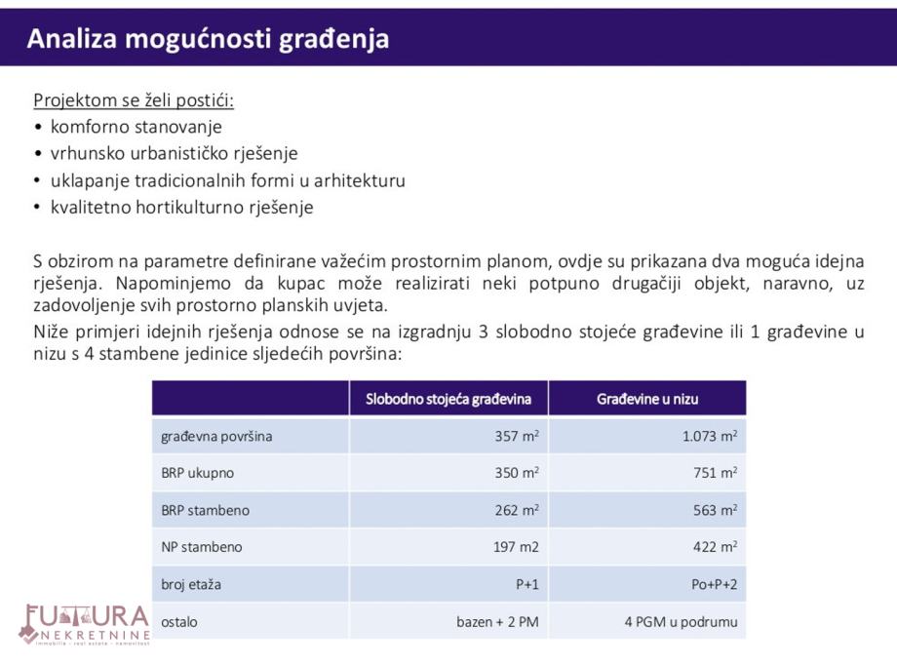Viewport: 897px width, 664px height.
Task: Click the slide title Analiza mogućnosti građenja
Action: tap(208, 39)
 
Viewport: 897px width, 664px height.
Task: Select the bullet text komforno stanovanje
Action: tap(136, 127)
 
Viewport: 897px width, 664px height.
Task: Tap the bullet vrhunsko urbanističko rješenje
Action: tap(174, 154)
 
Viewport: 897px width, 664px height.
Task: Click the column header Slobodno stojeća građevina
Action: tap(448, 399)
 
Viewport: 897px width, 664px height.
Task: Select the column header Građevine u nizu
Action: tap(647, 399)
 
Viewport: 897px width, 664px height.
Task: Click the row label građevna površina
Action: tap(216, 437)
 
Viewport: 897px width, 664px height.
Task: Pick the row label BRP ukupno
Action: tap(198, 473)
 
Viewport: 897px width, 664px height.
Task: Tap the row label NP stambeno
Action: tap(202, 547)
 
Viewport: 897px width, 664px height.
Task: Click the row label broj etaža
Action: tap(191, 584)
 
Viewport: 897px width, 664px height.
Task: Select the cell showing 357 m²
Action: tap(517, 437)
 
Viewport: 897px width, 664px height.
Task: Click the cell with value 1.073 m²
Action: tap(710, 437)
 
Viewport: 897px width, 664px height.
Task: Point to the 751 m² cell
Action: tap(715, 473)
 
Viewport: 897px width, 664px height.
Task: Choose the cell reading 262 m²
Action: tap(517, 510)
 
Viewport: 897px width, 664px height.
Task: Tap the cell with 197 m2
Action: tap(516, 547)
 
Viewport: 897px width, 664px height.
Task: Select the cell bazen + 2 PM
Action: tap(497, 621)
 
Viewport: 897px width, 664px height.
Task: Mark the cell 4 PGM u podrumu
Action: tap(681, 621)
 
